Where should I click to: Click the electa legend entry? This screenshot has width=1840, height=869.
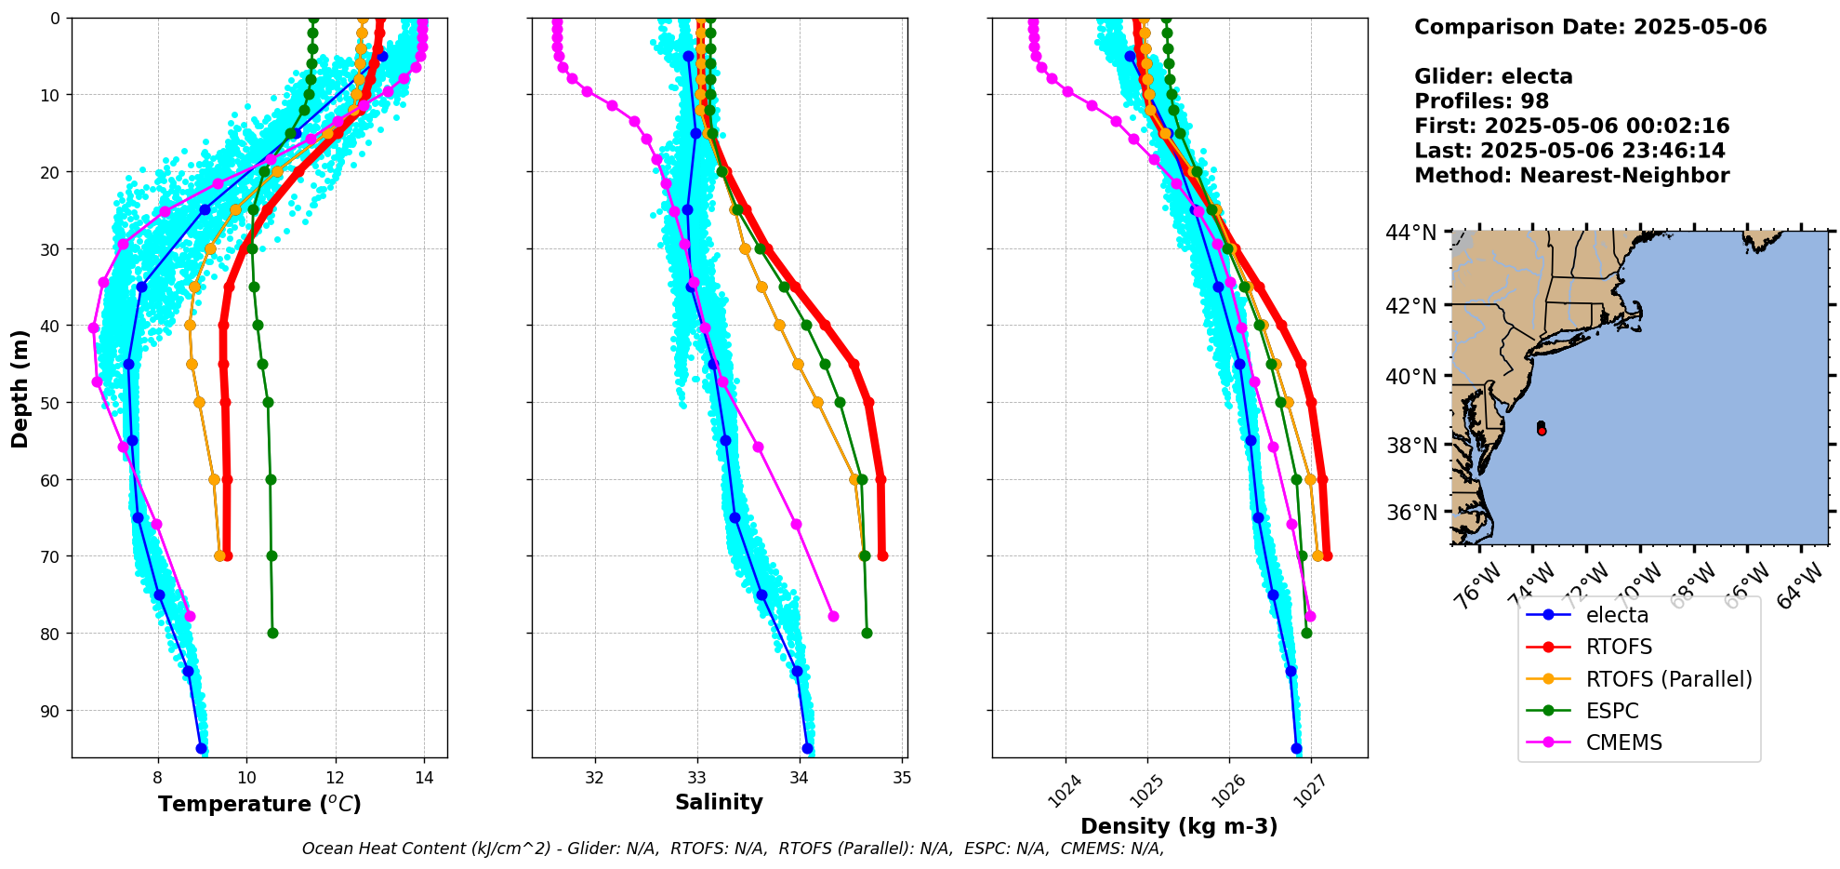1617,615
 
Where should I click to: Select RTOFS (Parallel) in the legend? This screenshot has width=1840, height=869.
1668,679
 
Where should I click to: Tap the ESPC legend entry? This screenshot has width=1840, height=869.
1612,711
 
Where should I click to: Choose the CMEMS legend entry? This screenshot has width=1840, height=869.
1623,742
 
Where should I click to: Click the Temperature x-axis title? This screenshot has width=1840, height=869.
259,804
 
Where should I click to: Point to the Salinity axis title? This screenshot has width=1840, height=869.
719,803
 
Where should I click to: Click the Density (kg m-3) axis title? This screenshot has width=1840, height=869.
1178,826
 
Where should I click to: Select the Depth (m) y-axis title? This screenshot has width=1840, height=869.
20,388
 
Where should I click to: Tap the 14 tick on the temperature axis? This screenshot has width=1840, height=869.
424,778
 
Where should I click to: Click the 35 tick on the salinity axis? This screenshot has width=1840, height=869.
901,778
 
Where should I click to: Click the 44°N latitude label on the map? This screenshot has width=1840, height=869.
1411,232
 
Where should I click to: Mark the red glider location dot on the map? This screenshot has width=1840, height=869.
1542,431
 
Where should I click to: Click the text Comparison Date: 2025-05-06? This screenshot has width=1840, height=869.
1590,27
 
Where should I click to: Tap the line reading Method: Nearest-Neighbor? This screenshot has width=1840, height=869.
1571,176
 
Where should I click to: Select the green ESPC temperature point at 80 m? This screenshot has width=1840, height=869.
272,634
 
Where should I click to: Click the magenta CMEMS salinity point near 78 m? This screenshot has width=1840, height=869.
833,616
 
